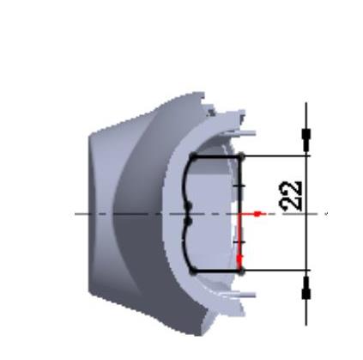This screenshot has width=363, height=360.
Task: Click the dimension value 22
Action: point(291,196)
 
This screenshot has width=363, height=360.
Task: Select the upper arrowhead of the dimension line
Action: point(306,140)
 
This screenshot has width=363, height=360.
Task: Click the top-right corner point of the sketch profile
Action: point(241,156)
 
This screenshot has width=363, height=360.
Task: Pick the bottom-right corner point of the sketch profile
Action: point(241,271)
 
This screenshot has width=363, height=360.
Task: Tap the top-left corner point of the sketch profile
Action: point(193,156)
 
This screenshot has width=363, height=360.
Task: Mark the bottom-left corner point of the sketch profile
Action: point(193,272)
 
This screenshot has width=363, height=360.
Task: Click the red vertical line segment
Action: point(239,242)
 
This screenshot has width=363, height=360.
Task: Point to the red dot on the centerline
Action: point(257,214)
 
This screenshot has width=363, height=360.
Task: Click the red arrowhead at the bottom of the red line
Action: point(239,260)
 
